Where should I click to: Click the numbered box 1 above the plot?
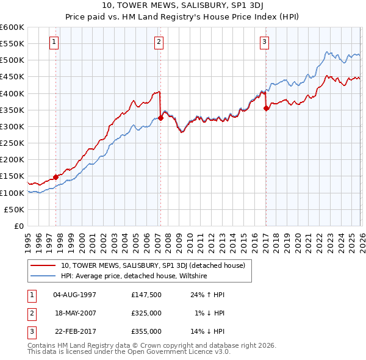point(54,42)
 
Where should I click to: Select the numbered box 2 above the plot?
point(159,42)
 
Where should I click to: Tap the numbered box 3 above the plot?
point(265,42)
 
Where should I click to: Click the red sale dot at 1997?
point(56,177)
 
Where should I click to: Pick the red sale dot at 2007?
point(160,118)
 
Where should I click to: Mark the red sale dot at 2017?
point(266,109)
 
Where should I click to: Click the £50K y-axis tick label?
point(15,209)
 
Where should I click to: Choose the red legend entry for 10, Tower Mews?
point(152,265)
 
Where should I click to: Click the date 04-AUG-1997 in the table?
point(74,294)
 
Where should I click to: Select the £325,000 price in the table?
point(146,313)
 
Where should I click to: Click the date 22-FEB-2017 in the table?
point(74,332)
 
